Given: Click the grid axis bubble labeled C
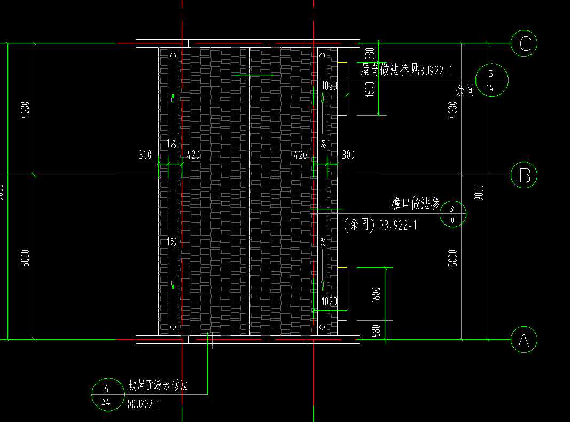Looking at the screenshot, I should (524, 43).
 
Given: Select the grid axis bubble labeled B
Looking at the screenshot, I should (524, 175).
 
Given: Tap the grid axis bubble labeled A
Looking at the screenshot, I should (524, 339).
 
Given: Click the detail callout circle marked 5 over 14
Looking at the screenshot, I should (491, 80).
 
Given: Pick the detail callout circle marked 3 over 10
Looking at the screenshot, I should (452, 214).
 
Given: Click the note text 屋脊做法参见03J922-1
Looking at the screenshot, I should (407, 70).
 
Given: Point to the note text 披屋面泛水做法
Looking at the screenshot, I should (158, 386).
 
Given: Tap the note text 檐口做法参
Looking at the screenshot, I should (416, 203).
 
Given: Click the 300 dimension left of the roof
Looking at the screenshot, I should (145, 156).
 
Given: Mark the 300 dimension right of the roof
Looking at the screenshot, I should (348, 156).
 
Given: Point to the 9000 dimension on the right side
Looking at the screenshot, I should (479, 191).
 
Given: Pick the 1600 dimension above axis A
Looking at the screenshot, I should (376, 294).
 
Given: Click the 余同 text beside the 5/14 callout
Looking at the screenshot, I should (465, 90).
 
